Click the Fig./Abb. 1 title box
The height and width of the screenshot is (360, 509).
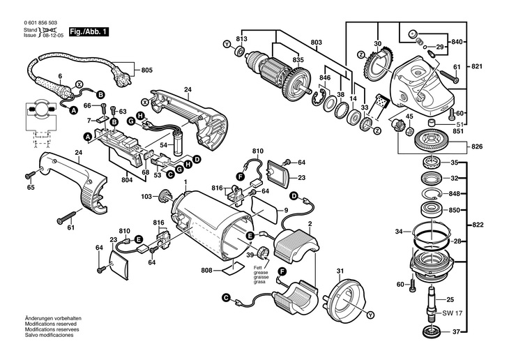(x=89, y=32)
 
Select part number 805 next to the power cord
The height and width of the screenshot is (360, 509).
(x=147, y=70)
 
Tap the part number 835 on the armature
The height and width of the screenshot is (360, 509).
(x=298, y=60)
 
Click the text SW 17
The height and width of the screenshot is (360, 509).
(x=453, y=313)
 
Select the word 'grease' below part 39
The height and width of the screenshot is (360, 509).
(x=261, y=273)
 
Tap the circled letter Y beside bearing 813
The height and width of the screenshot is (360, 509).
(x=227, y=43)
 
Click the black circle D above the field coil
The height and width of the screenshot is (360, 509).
(x=294, y=196)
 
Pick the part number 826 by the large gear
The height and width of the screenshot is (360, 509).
(x=477, y=147)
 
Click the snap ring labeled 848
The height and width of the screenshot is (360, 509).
(x=432, y=194)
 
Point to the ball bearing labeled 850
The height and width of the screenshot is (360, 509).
(x=432, y=210)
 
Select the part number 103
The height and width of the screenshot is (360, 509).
(x=146, y=196)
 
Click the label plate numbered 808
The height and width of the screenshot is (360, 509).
(x=233, y=268)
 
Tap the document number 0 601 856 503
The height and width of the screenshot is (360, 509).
(x=40, y=23)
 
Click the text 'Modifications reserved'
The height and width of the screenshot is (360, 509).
(x=51, y=324)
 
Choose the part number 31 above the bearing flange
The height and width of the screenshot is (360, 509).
(x=340, y=271)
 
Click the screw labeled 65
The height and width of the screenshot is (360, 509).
(x=31, y=175)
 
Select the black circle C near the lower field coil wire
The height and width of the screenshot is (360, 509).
(x=226, y=297)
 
